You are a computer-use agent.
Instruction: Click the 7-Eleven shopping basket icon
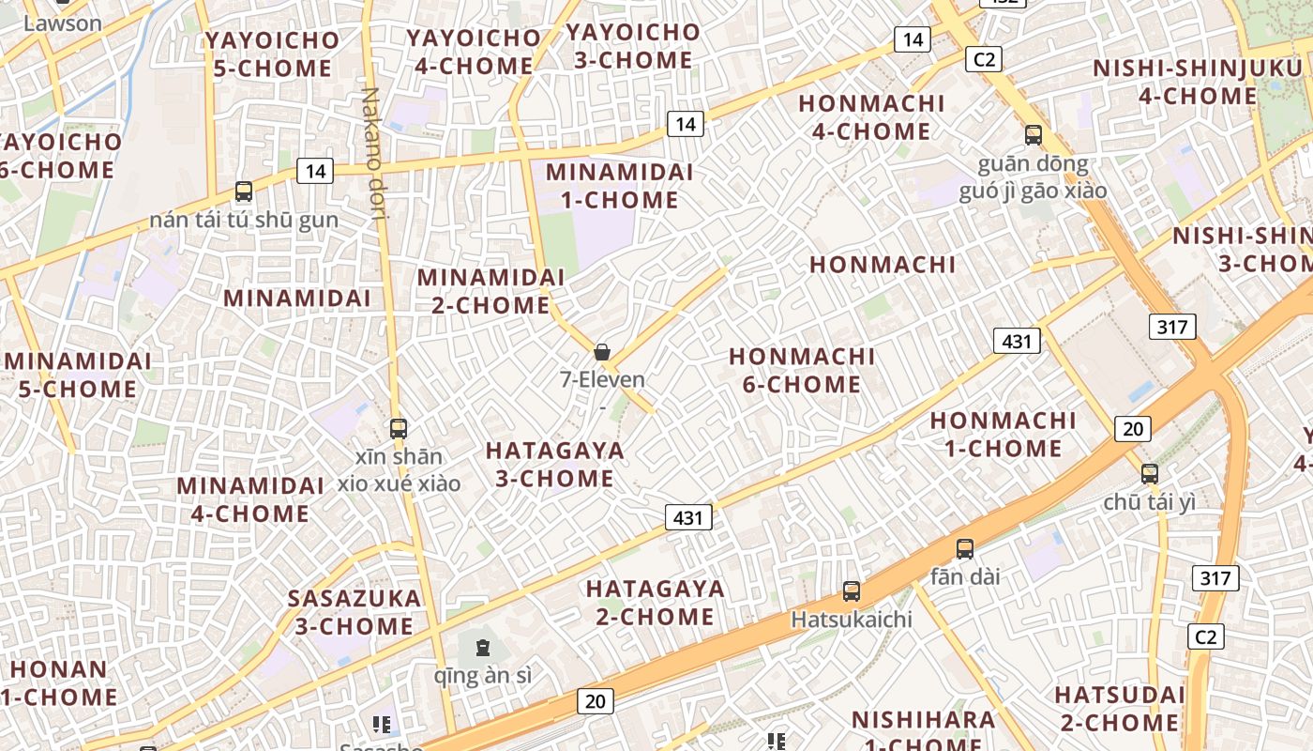coord(602,352)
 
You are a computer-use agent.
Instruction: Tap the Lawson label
coord(62,23)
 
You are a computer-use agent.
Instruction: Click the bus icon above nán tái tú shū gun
coord(244,192)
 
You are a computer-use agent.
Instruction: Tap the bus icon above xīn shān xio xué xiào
coord(399,429)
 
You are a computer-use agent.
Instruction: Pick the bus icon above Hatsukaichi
coord(852,591)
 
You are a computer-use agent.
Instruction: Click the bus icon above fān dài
coord(965,549)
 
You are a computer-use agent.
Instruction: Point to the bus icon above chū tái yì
coord(1150,474)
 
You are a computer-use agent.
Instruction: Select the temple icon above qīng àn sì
coord(482,648)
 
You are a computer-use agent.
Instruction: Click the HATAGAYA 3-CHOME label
coord(555,465)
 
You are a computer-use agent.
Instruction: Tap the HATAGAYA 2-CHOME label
coord(656,603)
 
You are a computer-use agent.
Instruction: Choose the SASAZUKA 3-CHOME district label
coord(355,612)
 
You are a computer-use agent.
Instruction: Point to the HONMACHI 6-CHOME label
coord(802,370)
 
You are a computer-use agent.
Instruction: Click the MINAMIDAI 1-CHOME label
coord(619,186)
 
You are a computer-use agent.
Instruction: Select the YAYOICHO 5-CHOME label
coord(272,54)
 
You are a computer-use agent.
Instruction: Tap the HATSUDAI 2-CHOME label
coord(1120,709)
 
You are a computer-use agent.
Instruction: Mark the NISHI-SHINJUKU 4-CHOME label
coord(1200,82)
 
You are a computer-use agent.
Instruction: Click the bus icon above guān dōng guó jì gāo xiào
coord(1034,135)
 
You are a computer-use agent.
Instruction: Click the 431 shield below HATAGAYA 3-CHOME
coord(688,517)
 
